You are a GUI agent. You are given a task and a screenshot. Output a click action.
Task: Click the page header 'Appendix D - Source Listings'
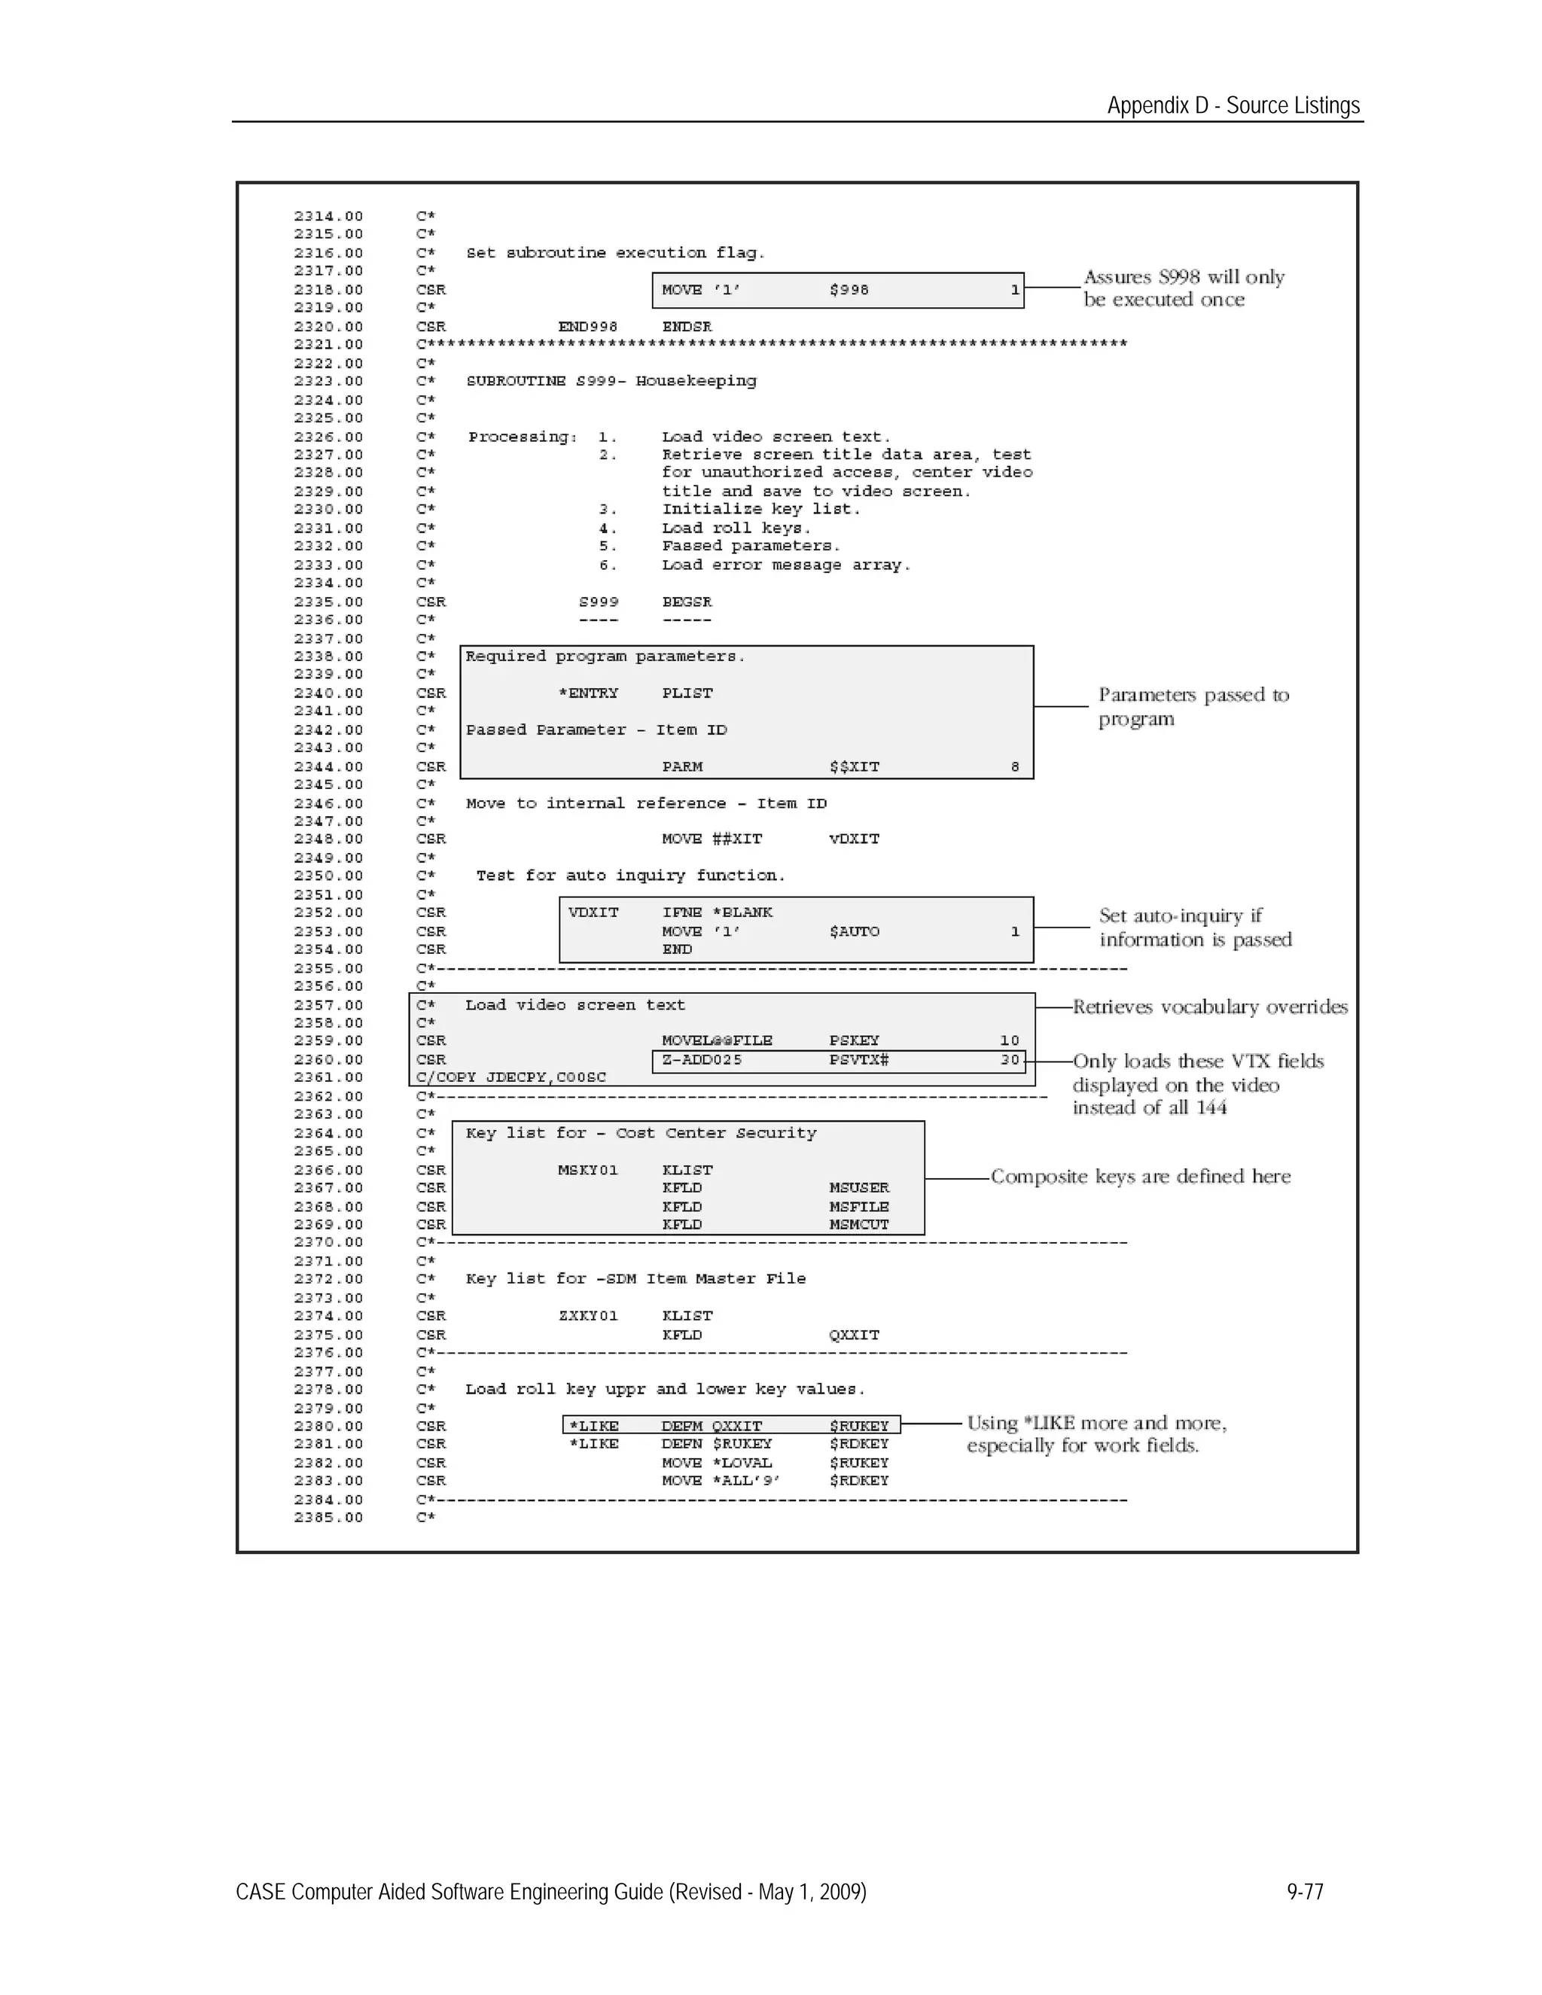1233,105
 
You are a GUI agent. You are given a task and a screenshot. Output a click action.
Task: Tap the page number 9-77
1305,1891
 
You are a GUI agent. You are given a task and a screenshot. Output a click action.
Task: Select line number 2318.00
328,290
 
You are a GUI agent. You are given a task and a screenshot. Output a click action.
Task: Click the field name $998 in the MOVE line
849,290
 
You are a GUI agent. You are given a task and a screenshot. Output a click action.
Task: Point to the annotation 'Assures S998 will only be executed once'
1183,288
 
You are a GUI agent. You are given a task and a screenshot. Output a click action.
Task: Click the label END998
587,326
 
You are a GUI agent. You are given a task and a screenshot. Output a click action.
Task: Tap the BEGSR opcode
686,602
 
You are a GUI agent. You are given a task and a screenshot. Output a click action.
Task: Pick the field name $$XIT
854,766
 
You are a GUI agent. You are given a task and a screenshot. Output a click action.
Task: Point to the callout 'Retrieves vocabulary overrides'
1209,1007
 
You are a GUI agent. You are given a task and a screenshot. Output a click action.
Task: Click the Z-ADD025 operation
702,1060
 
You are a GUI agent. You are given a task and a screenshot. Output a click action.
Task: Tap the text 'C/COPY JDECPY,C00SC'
510,1077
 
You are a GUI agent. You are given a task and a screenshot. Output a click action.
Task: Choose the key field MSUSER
858,1187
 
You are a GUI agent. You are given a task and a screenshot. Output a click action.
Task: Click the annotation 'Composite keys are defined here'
1140,1177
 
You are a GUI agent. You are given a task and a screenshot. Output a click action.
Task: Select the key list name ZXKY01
587,1315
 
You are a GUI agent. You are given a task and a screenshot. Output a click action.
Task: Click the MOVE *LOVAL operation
716,1463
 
